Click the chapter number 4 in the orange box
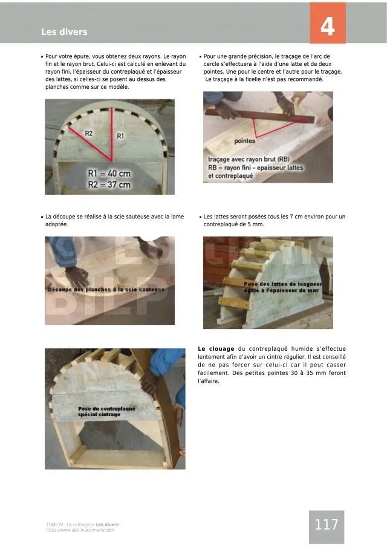[327, 27]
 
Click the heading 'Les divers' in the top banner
[64, 32]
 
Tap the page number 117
[327, 524]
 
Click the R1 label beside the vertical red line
[120, 136]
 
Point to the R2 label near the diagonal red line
[89, 133]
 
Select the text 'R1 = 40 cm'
[109, 174]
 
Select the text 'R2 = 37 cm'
[109, 184]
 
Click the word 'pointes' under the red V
[244, 141]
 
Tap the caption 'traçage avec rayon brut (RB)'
[249, 159]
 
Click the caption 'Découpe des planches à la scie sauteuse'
[106, 289]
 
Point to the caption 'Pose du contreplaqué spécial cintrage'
[106, 411]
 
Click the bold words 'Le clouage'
[216, 349]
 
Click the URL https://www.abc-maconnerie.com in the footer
[80, 530]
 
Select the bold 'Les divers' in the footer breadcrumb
[107, 524]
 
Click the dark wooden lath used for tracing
[260, 116]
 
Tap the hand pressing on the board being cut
[77, 276]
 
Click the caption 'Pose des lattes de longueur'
[283, 284]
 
